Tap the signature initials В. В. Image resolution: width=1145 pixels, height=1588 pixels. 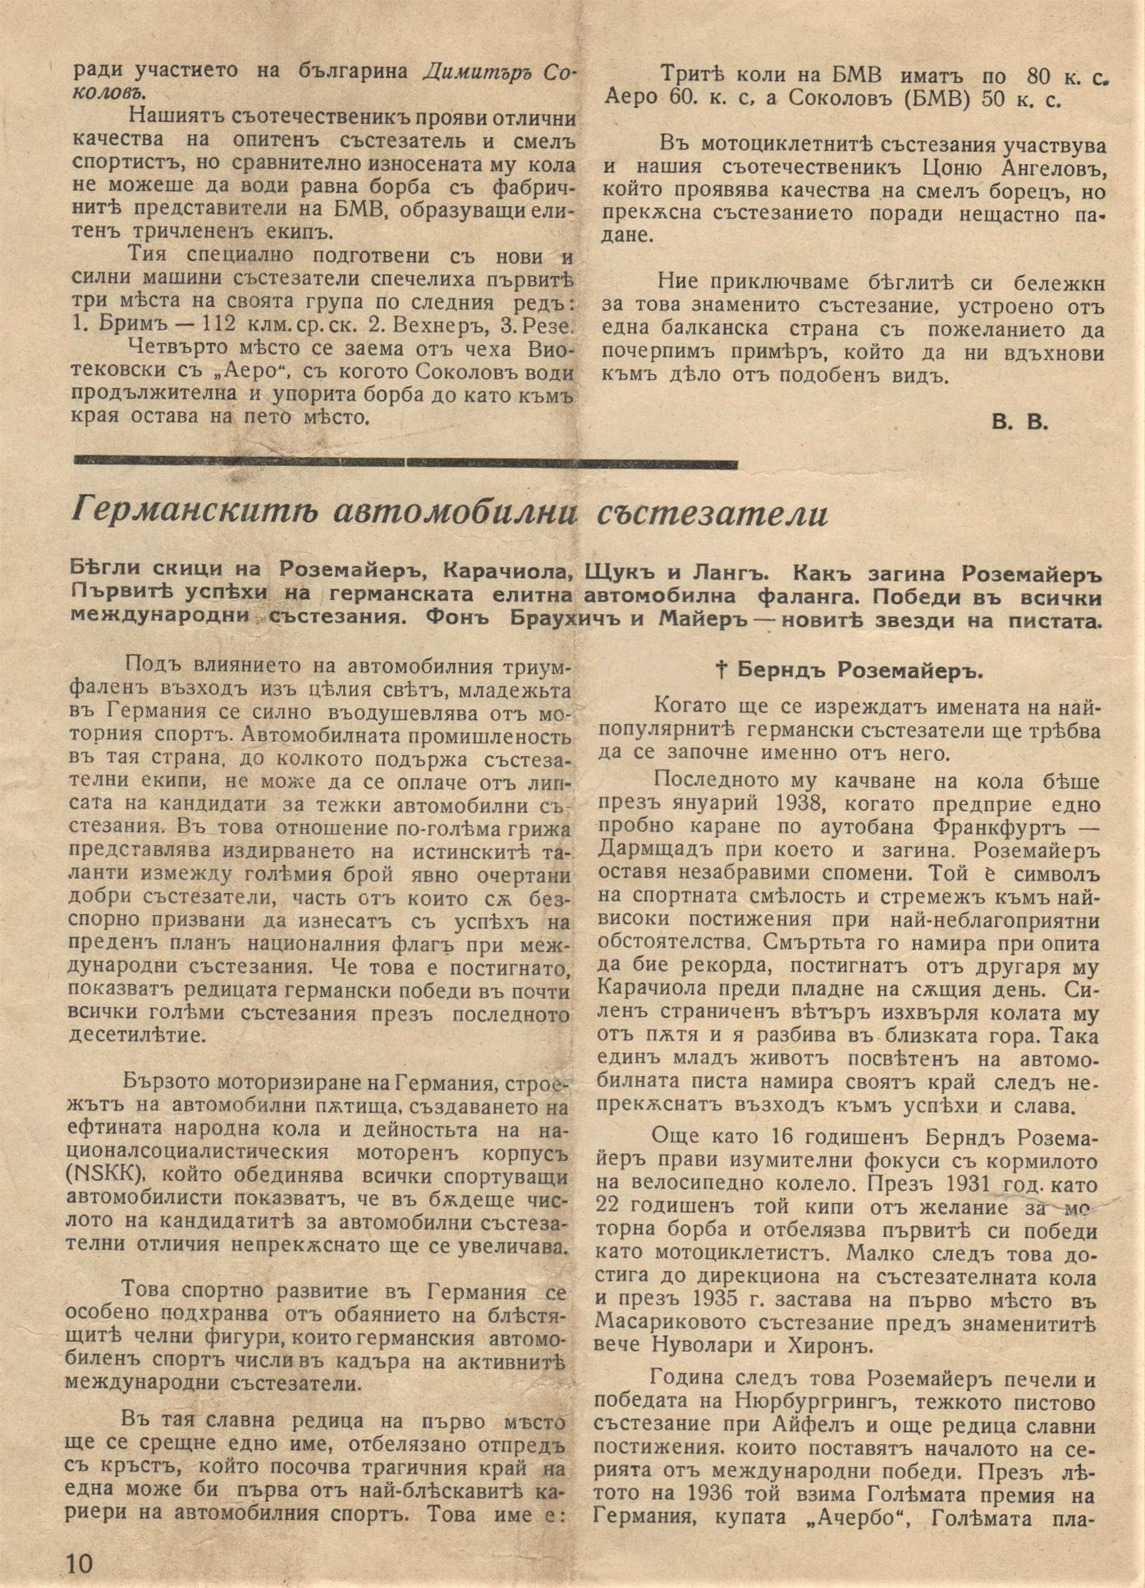pos(1019,423)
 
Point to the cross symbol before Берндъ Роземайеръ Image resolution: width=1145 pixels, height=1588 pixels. pos(722,670)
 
